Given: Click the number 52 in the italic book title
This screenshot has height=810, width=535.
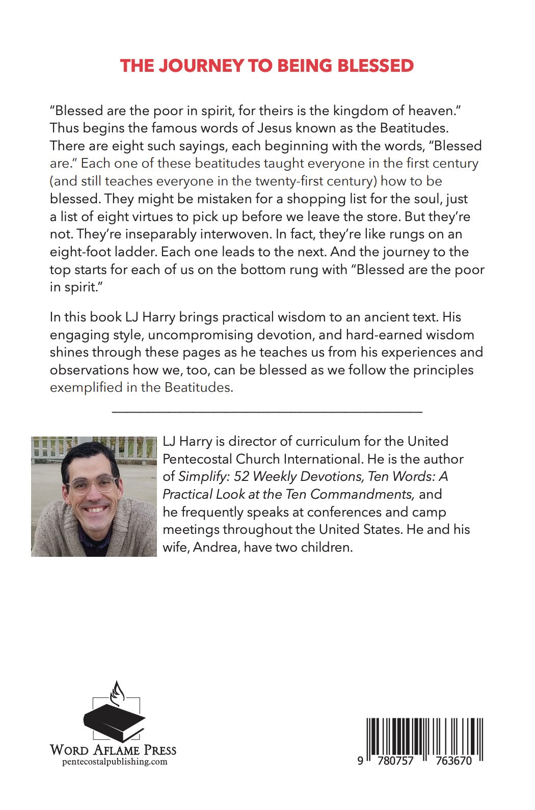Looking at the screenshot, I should pos(241,476).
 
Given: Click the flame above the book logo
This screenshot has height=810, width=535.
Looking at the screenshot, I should pos(118,693).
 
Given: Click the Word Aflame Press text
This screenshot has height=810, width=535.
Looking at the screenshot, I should pos(113,750).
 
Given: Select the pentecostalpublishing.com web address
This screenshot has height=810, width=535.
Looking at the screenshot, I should pos(115,762).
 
